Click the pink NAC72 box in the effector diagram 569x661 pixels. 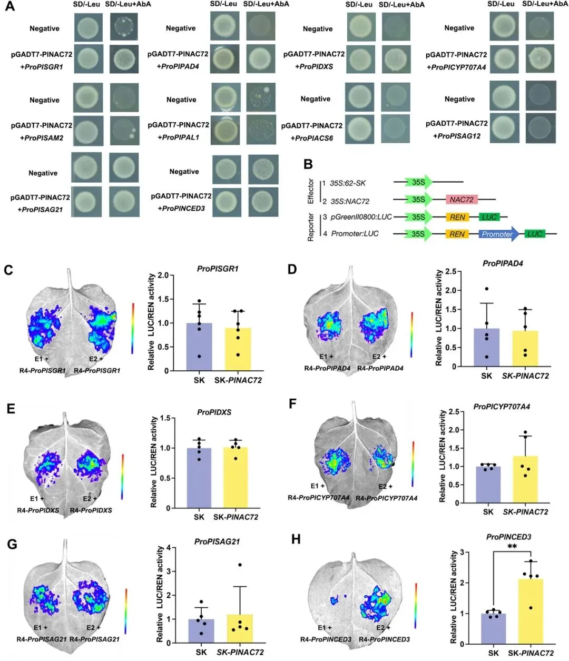[462, 200]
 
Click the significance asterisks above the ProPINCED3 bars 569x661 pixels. [512, 547]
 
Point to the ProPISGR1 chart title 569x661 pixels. [218, 269]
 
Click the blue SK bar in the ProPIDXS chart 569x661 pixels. [199, 478]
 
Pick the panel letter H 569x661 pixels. [296, 539]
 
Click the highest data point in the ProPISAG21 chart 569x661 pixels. [240, 565]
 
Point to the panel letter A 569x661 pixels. [9, 9]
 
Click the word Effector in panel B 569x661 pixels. [311, 191]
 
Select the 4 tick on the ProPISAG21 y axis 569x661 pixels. [168, 548]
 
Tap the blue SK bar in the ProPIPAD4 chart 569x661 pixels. [486, 348]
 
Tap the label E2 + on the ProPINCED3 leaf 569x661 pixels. [383, 628]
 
